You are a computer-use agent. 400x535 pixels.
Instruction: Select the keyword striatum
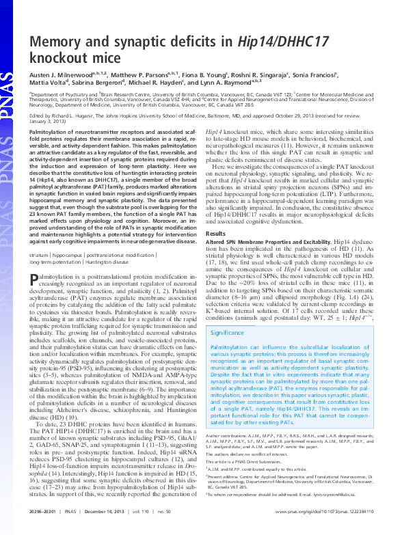[x=40, y=254]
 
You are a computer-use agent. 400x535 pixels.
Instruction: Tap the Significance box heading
[x=228, y=333]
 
